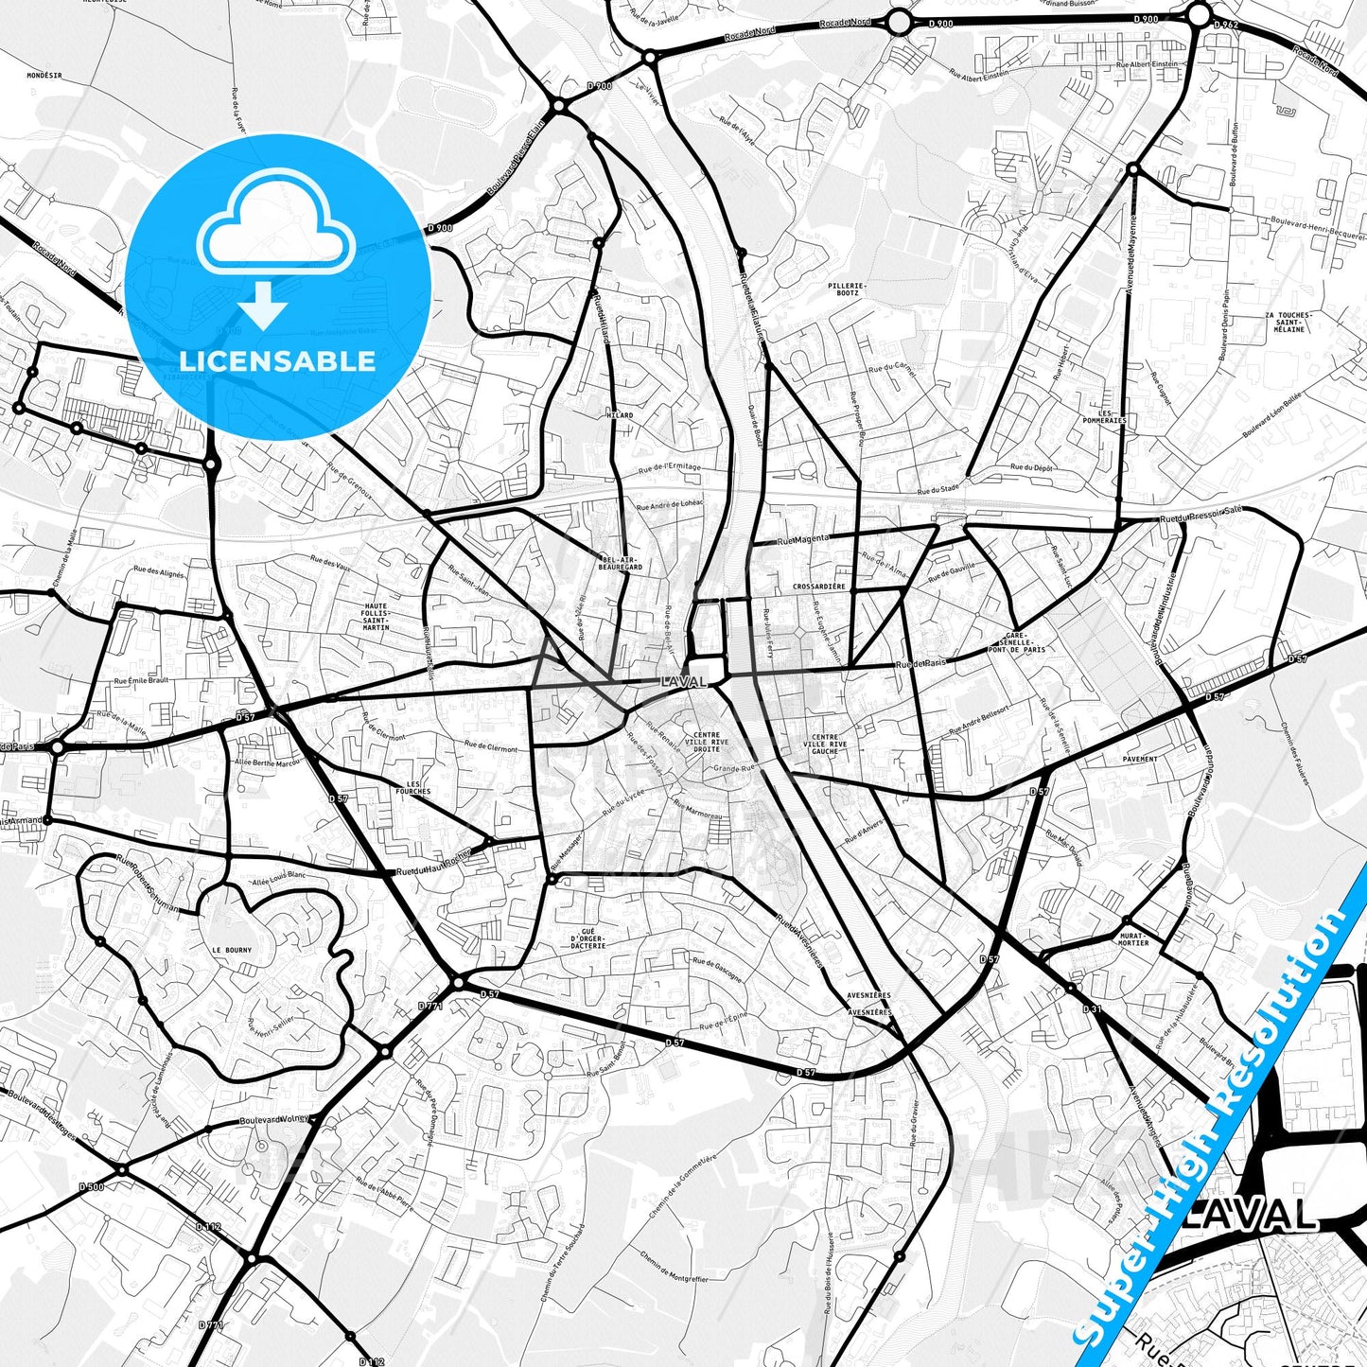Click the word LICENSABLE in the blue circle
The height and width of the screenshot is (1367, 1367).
(x=277, y=360)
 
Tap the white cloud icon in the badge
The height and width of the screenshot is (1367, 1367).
(x=275, y=232)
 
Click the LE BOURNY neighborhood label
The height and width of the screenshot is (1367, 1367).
(x=231, y=950)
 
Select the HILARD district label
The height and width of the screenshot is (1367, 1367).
(x=620, y=415)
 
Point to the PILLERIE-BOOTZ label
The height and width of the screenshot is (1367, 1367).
(x=847, y=289)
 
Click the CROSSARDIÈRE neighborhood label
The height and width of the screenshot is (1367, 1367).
(x=819, y=587)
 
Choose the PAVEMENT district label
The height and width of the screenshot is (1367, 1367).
(x=1140, y=759)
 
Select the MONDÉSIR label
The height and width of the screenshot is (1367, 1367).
(x=44, y=75)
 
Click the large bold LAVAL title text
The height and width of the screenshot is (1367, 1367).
(x=1249, y=1216)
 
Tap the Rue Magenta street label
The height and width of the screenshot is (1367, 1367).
(x=802, y=539)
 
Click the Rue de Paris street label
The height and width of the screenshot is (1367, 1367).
(x=920, y=664)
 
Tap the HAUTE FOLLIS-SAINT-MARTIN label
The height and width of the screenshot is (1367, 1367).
(x=376, y=616)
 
